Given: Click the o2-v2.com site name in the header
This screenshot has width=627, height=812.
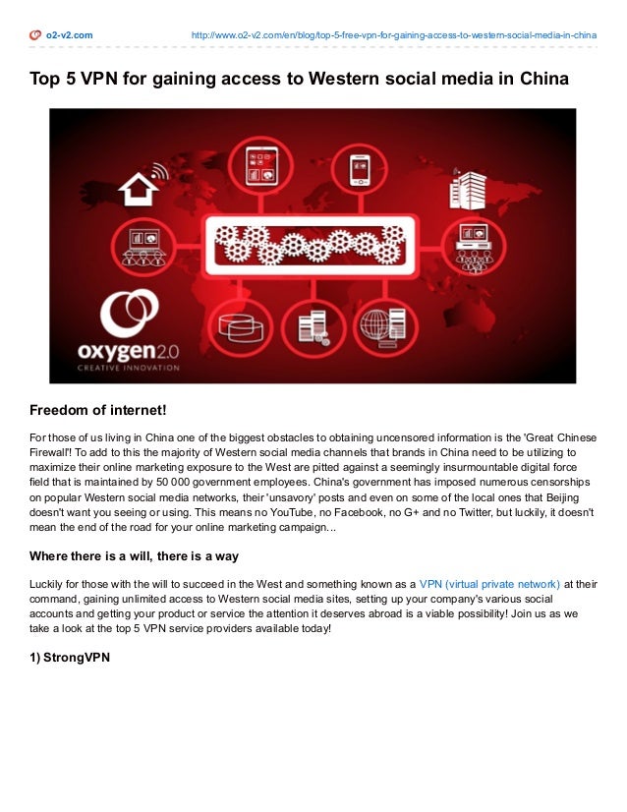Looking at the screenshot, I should point(69,35).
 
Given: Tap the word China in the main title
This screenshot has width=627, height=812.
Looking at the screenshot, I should point(542,78).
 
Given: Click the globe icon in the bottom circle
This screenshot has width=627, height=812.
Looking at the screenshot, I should point(377,325).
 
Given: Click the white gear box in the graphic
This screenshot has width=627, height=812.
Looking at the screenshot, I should point(308,245).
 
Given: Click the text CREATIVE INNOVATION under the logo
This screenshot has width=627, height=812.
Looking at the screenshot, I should point(129,368).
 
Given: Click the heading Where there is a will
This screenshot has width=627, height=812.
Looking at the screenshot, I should point(134,555).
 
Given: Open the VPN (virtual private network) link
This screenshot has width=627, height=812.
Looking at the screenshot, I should point(489,583).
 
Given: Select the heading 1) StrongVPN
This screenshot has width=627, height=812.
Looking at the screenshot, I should point(69,658).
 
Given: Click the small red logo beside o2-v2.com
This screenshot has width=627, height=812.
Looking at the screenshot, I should point(35,35).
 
